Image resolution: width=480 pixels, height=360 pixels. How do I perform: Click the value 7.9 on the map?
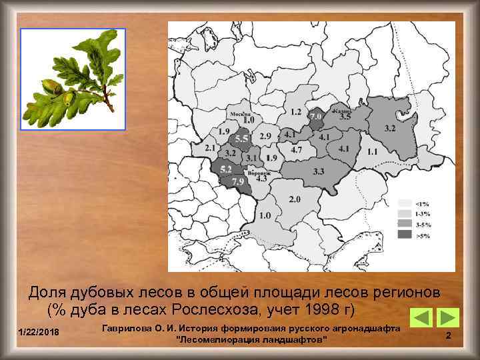click(x=237, y=181)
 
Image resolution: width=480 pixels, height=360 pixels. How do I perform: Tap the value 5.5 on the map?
click(x=241, y=139)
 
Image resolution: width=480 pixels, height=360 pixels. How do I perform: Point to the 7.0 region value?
click(x=315, y=116)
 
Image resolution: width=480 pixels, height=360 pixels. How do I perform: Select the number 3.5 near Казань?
click(x=345, y=117)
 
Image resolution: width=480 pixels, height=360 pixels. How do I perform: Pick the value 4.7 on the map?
click(x=296, y=150)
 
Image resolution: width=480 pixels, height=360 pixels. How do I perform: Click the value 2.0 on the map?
click(x=295, y=199)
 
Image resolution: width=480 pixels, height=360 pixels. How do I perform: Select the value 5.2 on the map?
click(x=225, y=169)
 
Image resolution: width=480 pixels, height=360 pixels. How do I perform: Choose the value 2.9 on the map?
click(x=265, y=136)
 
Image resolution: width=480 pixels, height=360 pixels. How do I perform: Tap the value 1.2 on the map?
click(x=295, y=111)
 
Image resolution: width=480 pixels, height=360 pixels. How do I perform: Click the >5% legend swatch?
click(x=405, y=235)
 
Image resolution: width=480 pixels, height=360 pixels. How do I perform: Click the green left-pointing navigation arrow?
click(x=420, y=317)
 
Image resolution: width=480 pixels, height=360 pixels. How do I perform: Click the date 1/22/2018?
click(x=39, y=332)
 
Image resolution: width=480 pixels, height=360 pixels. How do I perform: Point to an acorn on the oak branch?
click(x=49, y=86)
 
